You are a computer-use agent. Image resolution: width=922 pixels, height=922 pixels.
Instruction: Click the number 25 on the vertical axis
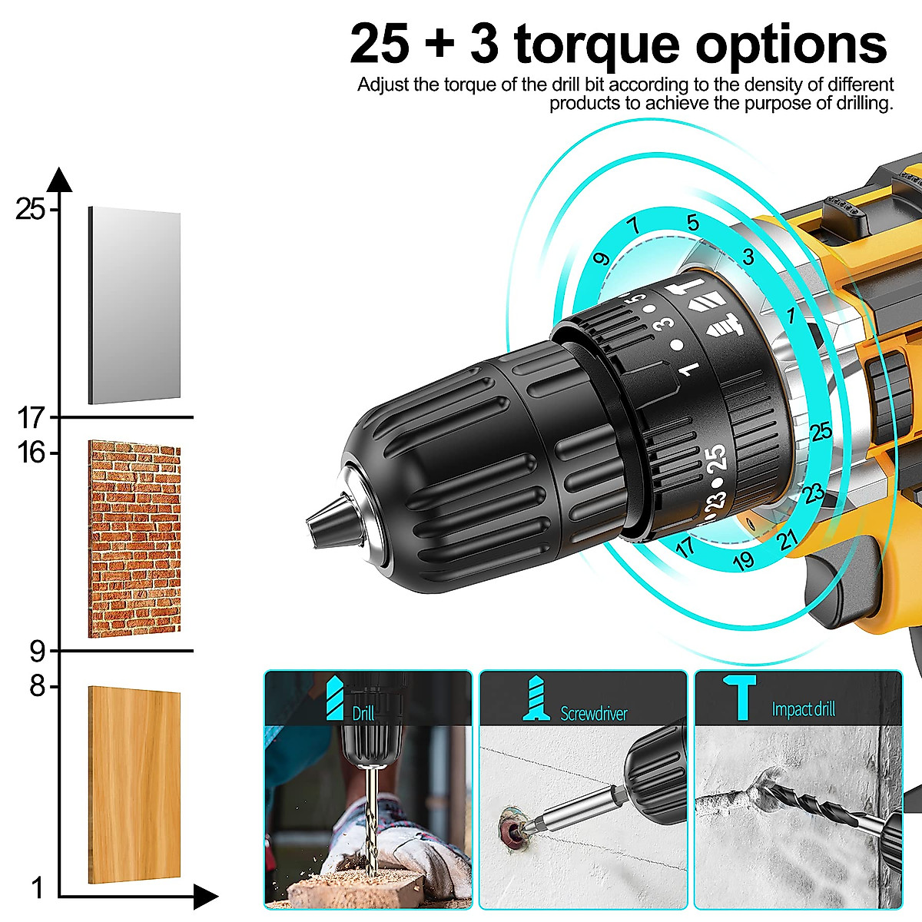click(31, 208)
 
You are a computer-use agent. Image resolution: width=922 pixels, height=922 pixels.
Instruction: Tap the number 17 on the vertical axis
click(32, 418)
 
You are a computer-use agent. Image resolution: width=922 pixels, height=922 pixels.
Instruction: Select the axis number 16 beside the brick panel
click(32, 453)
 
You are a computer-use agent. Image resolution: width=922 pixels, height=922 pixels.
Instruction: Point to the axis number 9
click(38, 652)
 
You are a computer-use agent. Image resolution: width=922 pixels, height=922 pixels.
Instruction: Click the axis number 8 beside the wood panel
click(38, 685)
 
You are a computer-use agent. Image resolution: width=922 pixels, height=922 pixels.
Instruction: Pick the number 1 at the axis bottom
click(37, 888)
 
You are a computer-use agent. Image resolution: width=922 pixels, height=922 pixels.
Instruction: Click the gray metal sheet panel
click(134, 305)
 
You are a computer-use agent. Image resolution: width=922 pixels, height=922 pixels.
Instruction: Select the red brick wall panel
click(134, 539)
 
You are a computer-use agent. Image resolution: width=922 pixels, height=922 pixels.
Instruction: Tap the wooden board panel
click(134, 784)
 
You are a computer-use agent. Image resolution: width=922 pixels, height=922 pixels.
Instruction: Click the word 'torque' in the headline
click(596, 44)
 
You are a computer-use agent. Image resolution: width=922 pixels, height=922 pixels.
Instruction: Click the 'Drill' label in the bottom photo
click(363, 713)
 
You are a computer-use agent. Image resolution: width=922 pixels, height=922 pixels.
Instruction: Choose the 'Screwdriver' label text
click(593, 714)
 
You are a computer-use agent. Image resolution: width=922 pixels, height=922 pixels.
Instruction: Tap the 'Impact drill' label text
click(803, 709)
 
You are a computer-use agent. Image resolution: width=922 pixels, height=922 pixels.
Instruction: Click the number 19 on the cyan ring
click(743, 560)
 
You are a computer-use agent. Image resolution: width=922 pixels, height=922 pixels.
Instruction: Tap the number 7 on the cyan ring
click(634, 225)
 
